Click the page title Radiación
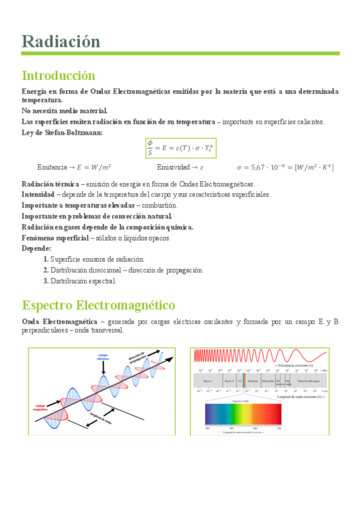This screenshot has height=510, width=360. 61,41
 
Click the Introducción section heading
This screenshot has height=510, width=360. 58,76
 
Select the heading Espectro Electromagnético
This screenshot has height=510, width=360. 98,304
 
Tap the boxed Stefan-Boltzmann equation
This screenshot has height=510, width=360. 180,147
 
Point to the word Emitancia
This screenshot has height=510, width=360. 51,167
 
